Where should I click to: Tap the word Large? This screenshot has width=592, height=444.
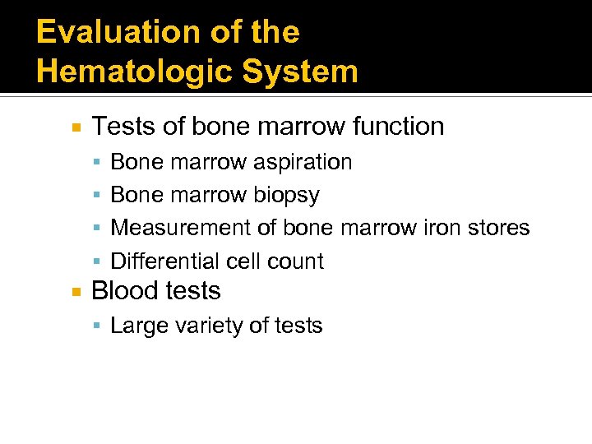[135, 326]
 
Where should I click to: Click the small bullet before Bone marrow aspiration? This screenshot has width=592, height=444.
[98, 163]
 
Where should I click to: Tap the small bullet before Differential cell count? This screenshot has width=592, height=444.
[98, 262]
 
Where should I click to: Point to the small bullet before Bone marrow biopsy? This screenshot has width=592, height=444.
[98, 196]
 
